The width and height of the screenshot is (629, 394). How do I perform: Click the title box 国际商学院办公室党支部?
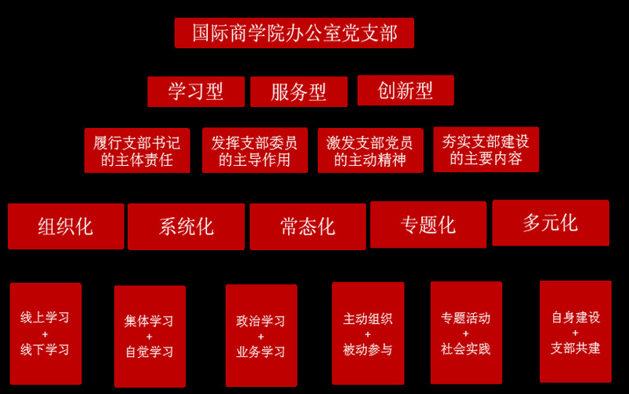tap(294, 33)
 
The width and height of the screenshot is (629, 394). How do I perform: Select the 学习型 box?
tap(196, 91)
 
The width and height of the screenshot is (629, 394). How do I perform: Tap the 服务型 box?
tap(298, 92)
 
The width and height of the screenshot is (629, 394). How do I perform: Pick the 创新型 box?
tap(405, 90)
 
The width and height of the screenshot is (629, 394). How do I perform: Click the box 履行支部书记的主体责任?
tap(137, 151)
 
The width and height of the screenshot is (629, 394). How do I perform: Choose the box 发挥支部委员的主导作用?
tap(254, 151)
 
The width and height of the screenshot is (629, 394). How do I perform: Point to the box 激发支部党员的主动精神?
tap(370, 151)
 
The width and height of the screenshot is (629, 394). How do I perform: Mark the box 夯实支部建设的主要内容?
tap(486, 149)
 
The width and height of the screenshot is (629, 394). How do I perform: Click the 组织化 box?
tap(65, 226)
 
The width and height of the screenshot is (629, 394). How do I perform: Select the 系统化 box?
tap(186, 226)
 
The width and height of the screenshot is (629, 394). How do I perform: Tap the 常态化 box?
tap(307, 226)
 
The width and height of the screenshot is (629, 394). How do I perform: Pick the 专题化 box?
tap(427, 225)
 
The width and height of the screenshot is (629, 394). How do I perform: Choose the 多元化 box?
tap(550, 223)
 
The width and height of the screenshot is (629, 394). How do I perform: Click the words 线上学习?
tap(45, 318)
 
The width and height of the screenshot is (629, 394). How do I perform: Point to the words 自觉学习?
tap(150, 352)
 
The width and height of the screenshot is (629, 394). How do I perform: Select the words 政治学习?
tap(261, 321)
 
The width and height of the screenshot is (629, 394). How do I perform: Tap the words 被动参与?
tap(368, 350)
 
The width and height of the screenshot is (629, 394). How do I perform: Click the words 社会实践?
tap(465, 348)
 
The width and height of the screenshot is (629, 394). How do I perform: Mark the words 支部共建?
tap(575, 348)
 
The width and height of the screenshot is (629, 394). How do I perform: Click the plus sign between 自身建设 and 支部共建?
tap(575, 333)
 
